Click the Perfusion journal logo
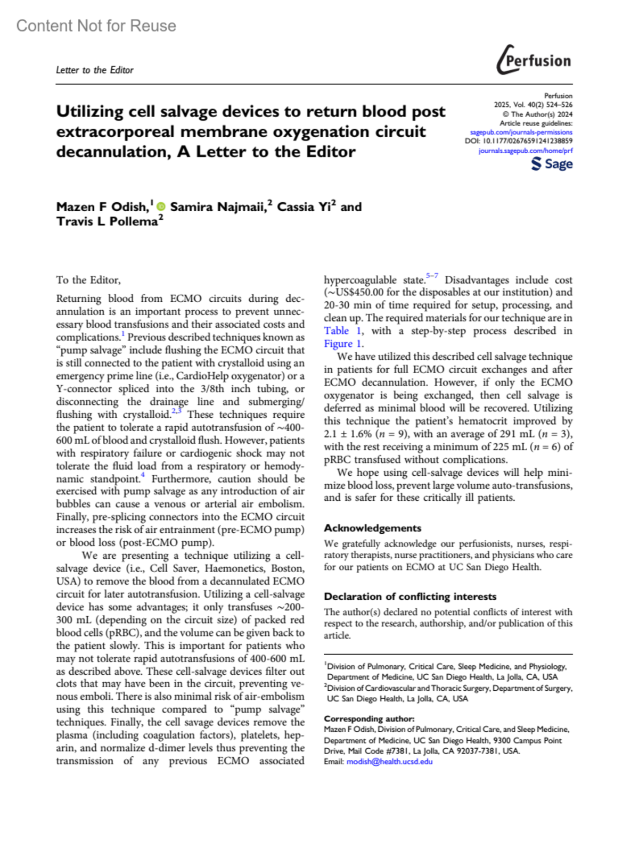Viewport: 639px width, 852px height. (x=534, y=60)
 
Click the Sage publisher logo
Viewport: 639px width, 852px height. (x=552, y=164)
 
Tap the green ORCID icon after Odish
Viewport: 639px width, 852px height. (x=161, y=206)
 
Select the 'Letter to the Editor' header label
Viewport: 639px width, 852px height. (x=95, y=70)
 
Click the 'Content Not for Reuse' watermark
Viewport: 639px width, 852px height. (x=96, y=26)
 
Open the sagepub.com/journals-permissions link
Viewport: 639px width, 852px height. (x=521, y=132)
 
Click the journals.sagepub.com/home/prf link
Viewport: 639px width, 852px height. (x=525, y=151)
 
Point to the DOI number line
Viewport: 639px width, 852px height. (x=519, y=141)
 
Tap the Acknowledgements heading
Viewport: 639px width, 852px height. (x=372, y=528)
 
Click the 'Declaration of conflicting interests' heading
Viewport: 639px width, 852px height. (x=410, y=597)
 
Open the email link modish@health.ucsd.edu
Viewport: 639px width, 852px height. (x=389, y=762)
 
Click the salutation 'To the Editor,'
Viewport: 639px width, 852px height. (x=88, y=280)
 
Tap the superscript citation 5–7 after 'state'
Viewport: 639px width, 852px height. (x=432, y=276)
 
